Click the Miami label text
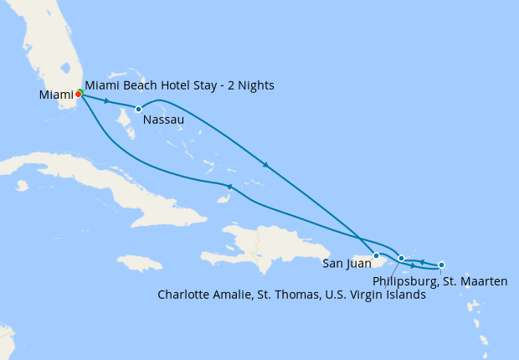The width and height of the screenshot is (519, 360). [x=55, y=95]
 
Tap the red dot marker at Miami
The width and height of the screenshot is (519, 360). [x=78, y=94]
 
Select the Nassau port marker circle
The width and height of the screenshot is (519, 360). [x=138, y=109]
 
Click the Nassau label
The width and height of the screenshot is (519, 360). [x=163, y=121]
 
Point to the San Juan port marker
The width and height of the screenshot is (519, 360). [x=377, y=255]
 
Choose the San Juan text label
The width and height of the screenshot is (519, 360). [x=347, y=265]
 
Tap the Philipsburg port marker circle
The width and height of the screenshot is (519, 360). [x=441, y=265]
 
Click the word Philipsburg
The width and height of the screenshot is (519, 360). [x=405, y=281]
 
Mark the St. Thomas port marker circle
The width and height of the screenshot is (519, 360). [x=402, y=259]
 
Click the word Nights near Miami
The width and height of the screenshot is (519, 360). [x=254, y=85]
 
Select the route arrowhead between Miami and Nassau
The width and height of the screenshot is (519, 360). [x=106, y=100]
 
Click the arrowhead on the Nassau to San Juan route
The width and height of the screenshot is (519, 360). [x=266, y=165]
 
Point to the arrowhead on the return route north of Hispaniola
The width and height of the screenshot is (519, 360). [x=229, y=186]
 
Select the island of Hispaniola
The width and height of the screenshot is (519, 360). [x=251, y=243]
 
